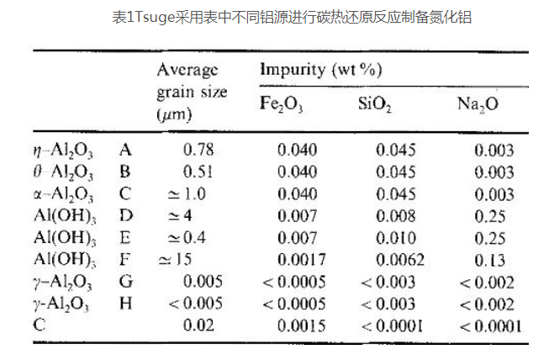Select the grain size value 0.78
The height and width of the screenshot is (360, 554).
click(198, 151)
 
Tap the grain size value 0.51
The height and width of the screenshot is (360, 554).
click(198, 172)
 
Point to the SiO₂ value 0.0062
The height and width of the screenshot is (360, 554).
click(395, 259)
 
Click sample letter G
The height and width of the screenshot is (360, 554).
click(126, 281)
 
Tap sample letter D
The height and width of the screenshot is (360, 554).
click(126, 216)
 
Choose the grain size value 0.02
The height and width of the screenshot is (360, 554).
click(198, 324)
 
